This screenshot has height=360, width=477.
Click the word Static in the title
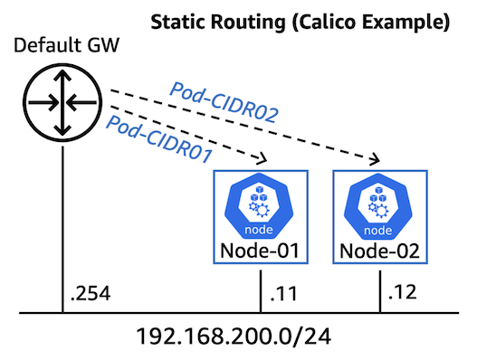179,19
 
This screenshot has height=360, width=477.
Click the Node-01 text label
261,248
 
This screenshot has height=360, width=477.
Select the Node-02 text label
377,248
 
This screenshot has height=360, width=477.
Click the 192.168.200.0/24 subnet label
238,337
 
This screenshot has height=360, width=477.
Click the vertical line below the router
62,226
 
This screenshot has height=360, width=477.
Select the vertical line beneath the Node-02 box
377,289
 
